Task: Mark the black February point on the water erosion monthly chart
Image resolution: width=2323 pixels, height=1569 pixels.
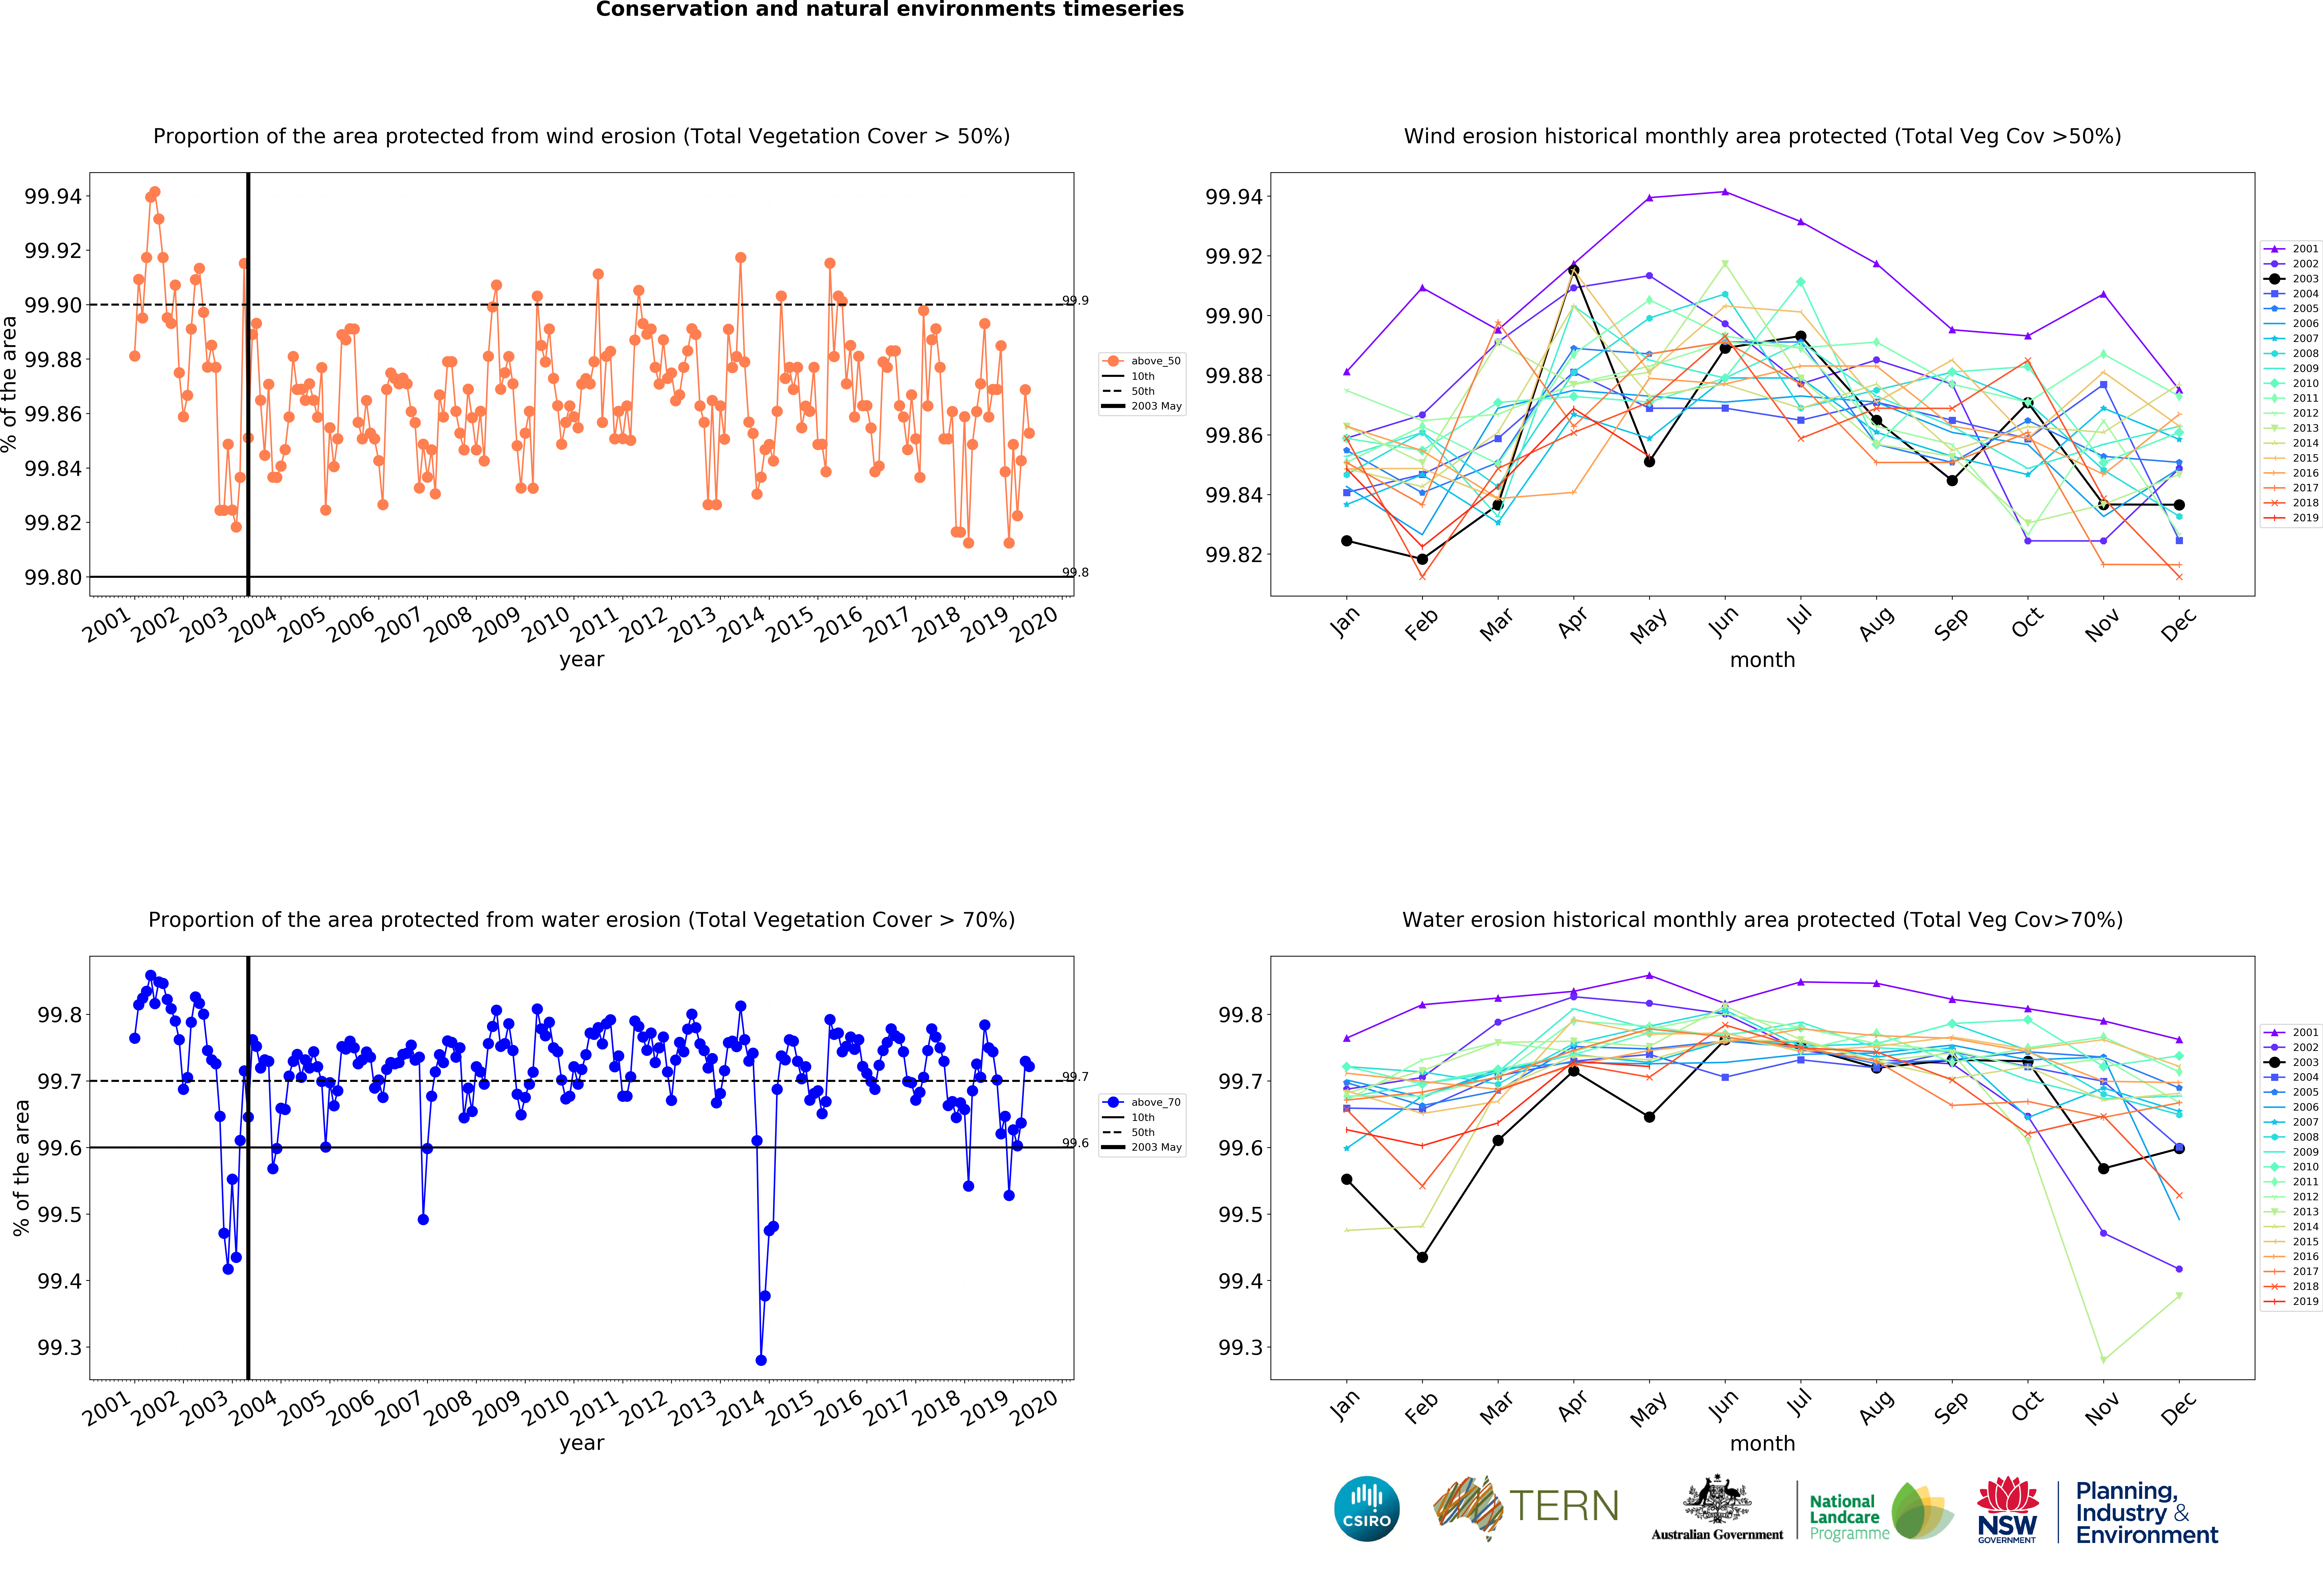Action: point(1422,1257)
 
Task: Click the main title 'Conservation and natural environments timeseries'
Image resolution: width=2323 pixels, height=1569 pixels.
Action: point(890,10)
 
